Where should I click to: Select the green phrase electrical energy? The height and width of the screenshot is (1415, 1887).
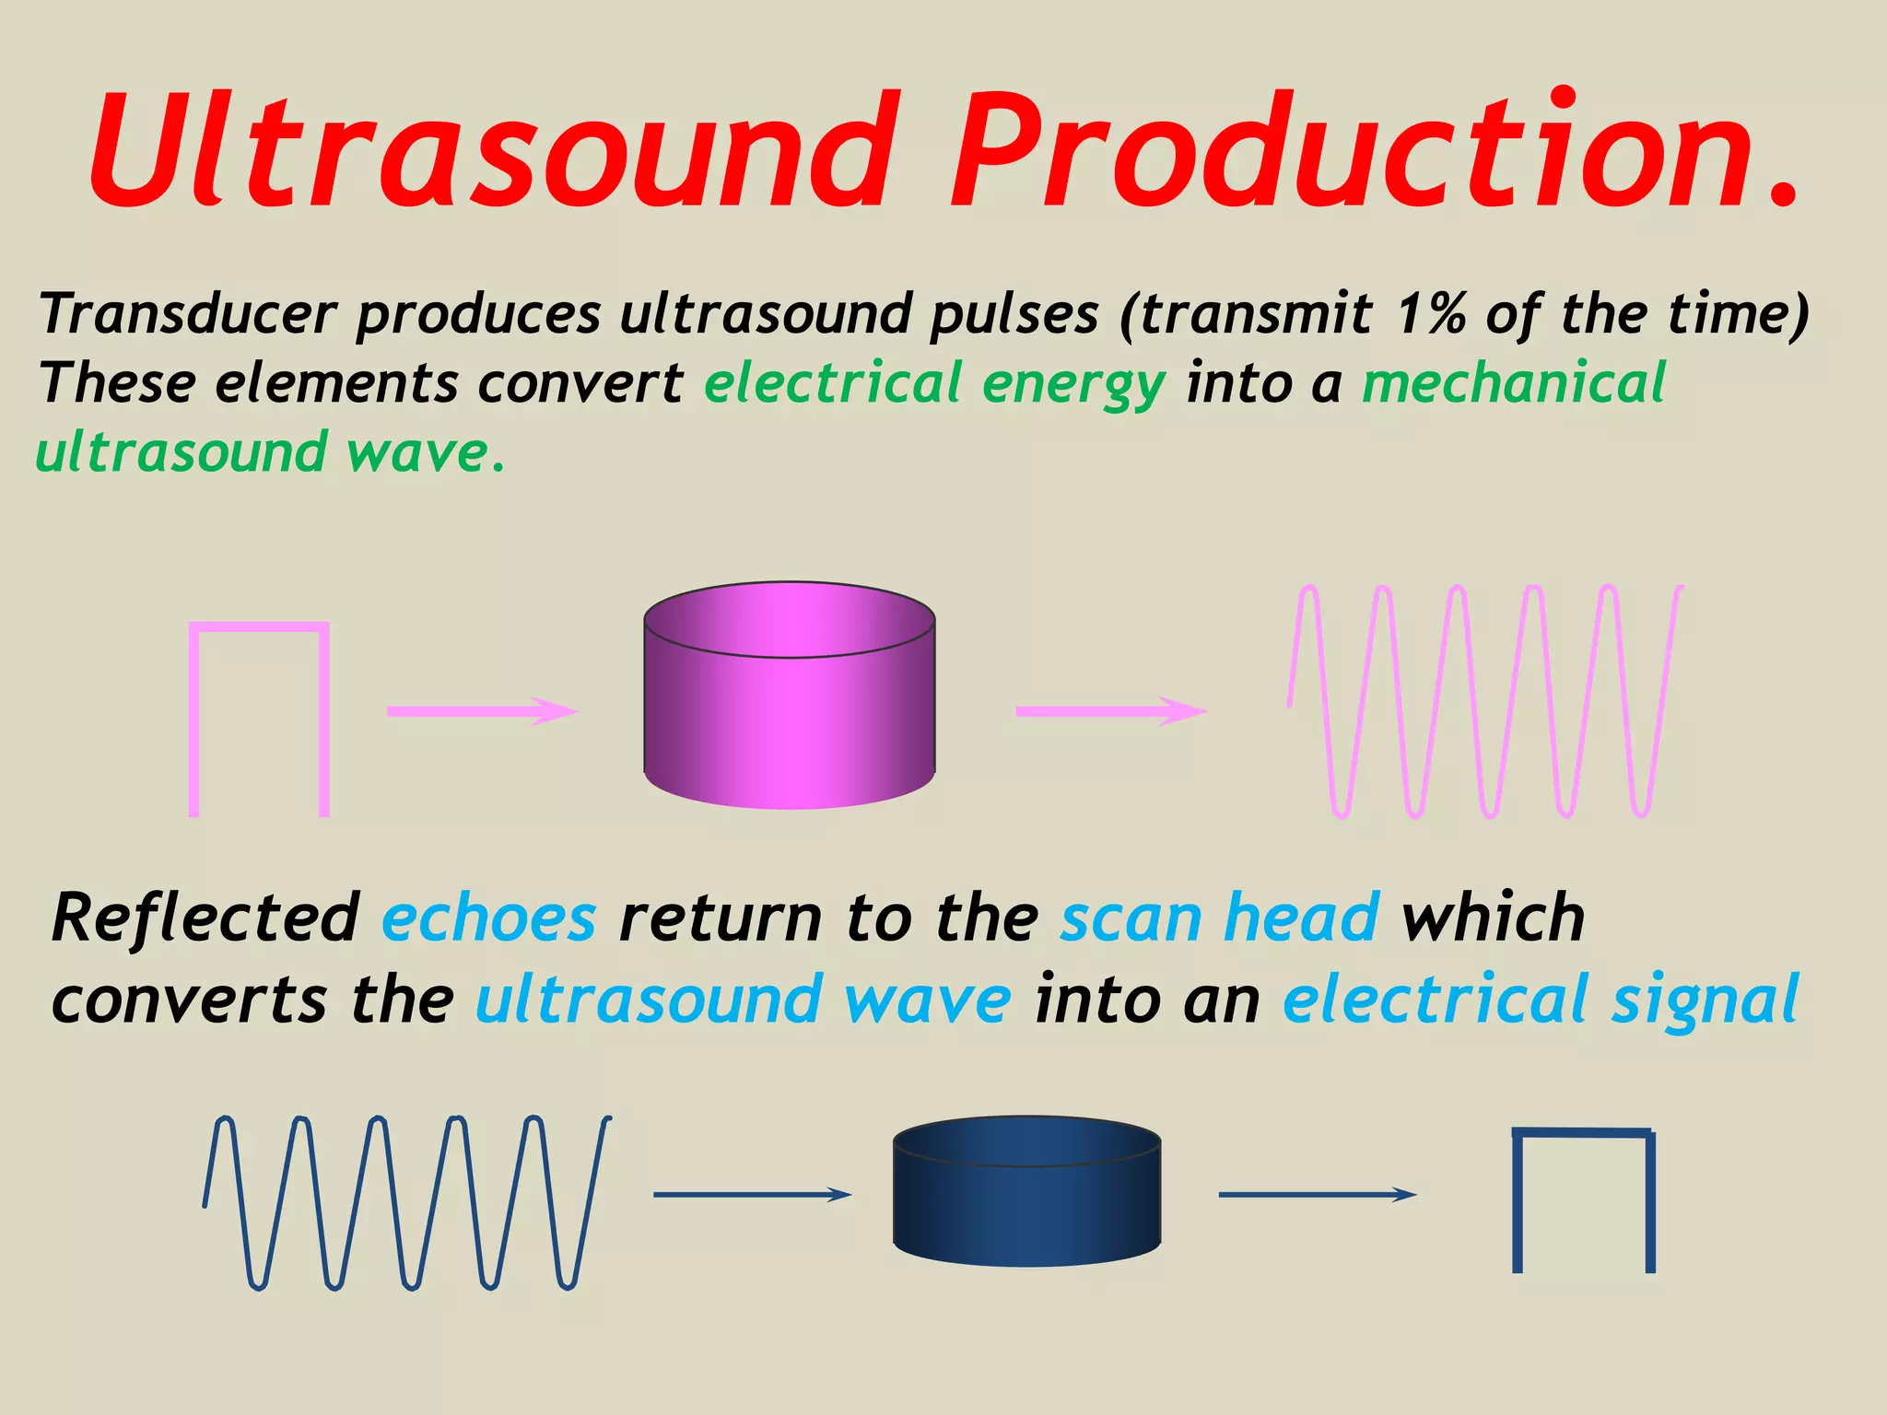934,384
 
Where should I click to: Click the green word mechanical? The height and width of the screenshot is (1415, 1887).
1513,382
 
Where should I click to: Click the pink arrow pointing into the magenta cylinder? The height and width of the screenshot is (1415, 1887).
482,711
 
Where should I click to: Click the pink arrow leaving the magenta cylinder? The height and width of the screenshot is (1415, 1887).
1110,711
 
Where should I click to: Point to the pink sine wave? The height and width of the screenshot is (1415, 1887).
1485,700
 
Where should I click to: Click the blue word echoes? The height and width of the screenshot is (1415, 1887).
489,918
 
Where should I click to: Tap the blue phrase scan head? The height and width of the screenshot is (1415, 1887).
1219,918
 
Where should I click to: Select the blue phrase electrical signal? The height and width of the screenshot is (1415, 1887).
1540,1000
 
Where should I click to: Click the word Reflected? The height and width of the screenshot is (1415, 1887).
205,918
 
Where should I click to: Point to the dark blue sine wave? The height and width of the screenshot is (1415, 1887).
405,1202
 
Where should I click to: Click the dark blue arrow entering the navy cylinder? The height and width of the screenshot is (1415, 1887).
751,1195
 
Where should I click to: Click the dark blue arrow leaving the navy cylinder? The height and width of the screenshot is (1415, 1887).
1317,1195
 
